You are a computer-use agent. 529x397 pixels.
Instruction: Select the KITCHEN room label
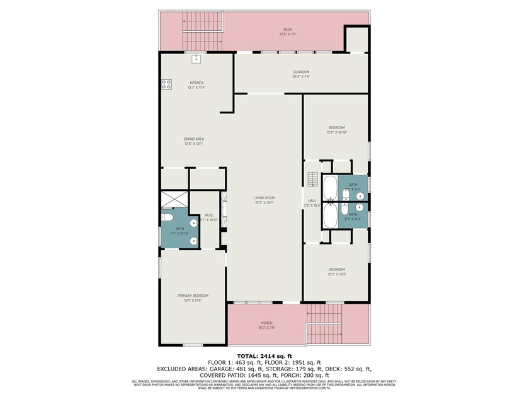coord(197,83)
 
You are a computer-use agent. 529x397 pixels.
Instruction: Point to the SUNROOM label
coord(301,72)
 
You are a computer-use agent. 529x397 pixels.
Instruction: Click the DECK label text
coord(288,30)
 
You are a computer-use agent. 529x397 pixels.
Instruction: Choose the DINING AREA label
coord(193,139)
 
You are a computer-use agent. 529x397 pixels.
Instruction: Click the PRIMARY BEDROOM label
coord(192,296)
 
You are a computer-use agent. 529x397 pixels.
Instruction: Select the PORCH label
coord(267,323)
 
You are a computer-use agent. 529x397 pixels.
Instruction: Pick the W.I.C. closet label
coord(209,215)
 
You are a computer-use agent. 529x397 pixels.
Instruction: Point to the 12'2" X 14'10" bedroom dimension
coord(336,132)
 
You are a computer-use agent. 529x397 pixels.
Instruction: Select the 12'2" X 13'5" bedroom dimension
coord(336,274)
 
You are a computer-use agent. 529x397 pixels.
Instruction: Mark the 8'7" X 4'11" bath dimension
coord(353,219)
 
